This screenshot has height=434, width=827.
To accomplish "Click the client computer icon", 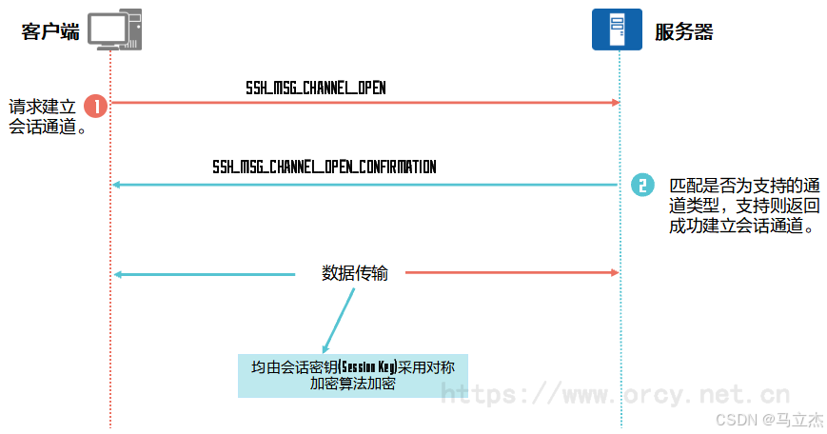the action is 115,29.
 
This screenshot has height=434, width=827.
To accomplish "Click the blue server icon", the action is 617,29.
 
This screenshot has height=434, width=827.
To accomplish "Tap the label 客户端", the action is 50,31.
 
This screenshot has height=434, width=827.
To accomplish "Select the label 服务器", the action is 683,31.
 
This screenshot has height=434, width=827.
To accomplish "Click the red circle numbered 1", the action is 96,106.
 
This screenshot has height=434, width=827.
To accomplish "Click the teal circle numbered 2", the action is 642,185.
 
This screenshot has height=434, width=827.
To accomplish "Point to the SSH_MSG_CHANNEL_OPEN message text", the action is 315,89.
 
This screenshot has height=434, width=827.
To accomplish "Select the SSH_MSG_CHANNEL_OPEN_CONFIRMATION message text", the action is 324,168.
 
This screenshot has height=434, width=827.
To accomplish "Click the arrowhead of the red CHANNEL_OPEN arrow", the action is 616,102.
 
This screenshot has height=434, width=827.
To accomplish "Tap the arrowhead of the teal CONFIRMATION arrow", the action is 116,185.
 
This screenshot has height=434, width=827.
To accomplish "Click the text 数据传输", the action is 354,273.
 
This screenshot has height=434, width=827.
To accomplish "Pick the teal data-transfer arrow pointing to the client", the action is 204,274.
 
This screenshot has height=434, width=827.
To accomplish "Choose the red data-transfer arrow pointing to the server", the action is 512,272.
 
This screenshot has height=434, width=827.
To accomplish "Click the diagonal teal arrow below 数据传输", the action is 338,320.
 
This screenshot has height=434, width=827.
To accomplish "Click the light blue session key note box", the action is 353,375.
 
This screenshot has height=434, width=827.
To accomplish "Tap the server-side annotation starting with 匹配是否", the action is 743,206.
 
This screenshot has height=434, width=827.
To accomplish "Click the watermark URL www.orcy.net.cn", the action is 615,394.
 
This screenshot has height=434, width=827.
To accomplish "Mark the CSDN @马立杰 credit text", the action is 770,420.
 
